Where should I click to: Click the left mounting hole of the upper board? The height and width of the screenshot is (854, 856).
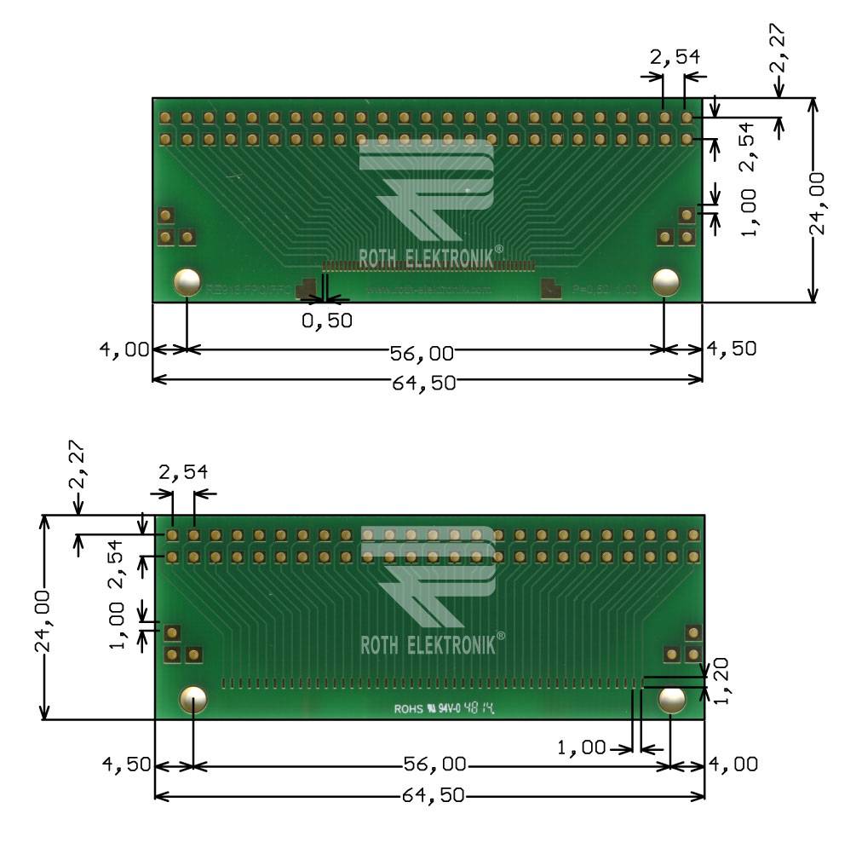click(187, 282)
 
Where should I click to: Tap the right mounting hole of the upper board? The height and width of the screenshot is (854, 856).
click(665, 282)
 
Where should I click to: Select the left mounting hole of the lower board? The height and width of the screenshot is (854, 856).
click(193, 700)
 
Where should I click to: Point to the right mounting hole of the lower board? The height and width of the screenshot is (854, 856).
click(672, 700)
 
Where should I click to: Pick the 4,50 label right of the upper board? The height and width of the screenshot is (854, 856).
click(732, 349)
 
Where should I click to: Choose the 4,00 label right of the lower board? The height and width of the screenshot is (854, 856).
click(733, 765)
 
